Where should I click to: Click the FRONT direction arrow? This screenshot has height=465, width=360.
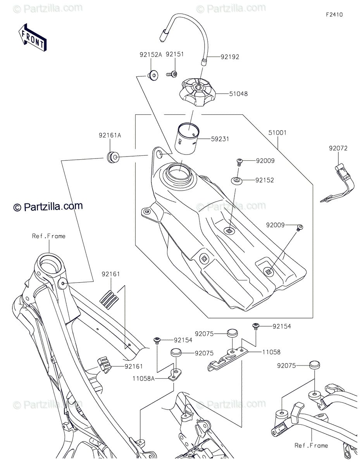click(33, 38)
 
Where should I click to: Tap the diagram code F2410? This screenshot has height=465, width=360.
click(334, 15)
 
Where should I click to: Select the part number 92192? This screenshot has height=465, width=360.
click(230, 57)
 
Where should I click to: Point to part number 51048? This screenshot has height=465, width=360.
click(238, 94)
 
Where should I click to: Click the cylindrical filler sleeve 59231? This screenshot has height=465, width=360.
click(187, 138)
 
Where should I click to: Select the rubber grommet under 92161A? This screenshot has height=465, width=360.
click(113, 157)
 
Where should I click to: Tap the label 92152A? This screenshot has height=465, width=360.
click(151, 55)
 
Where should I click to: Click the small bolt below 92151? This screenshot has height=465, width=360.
click(172, 74)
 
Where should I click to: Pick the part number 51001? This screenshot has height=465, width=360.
click(277, 133)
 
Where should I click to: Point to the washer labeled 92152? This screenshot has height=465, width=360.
click(236, 180)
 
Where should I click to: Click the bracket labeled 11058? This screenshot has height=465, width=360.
click(227, 358)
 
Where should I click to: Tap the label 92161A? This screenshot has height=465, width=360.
click(110, 136)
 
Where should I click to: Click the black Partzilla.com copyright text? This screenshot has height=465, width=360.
click(48, 207)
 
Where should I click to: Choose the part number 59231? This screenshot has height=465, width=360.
click(220, 139)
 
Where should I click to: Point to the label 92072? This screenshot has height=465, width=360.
click(338, 148)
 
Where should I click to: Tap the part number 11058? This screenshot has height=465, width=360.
click(271, 352)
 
